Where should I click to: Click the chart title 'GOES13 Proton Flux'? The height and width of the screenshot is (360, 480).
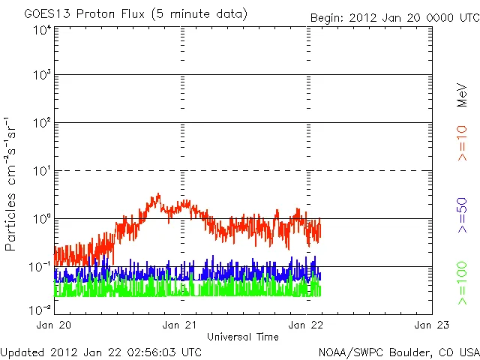pos(135,14)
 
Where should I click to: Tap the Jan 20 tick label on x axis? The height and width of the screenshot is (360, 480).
pos(55,325)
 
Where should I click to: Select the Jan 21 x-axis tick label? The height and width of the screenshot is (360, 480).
pos(181,325)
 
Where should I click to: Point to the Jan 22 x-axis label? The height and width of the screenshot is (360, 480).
pos(306,325)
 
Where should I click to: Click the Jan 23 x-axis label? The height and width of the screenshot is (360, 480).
pos(430,325)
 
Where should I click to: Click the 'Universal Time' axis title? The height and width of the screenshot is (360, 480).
pos(243,337)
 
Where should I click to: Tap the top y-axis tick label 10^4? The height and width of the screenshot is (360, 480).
pos(42,30)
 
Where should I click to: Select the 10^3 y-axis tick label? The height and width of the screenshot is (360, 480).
pos(42,76)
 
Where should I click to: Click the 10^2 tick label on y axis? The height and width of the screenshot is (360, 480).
pos(42,123)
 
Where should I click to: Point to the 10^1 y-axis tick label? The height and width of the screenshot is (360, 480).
pos(42,171)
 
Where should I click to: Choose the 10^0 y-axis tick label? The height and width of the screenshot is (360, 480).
pos(42,219)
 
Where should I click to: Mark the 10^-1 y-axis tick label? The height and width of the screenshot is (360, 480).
pos(40,267)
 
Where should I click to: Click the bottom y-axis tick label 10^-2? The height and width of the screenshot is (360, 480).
pos(40,308)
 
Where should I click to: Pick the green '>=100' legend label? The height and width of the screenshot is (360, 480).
pos(463,283)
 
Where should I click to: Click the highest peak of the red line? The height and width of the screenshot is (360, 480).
pos(158,194)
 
